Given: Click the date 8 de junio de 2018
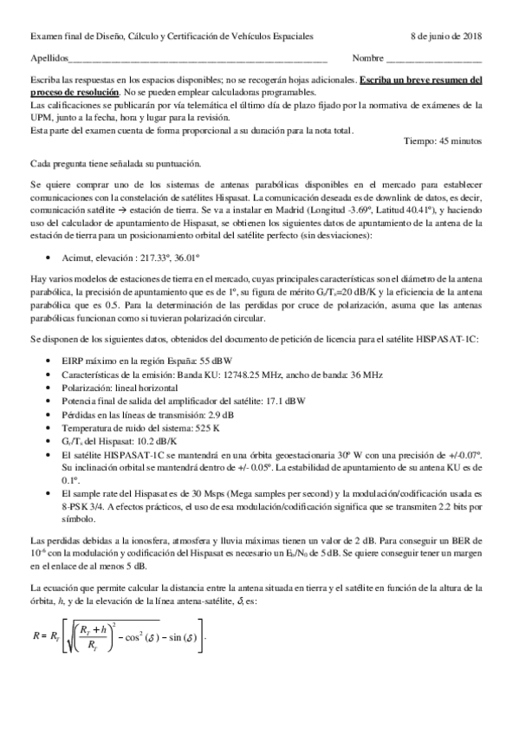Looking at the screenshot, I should coord(447,36).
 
